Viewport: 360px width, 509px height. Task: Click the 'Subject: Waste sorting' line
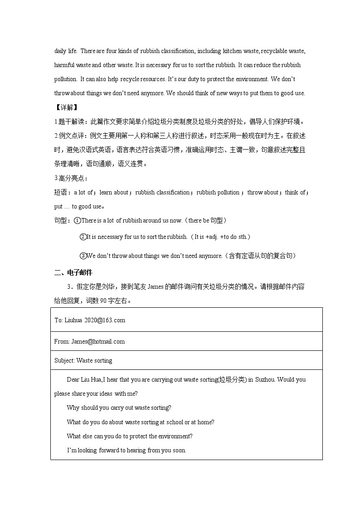pos(83,360)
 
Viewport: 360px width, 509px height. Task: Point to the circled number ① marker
pos(78,220)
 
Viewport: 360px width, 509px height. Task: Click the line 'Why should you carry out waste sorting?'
pos(119,407)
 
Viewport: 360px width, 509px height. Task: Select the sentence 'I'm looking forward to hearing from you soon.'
pos(126,450)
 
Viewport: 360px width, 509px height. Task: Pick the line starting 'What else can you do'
pos(130,436)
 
